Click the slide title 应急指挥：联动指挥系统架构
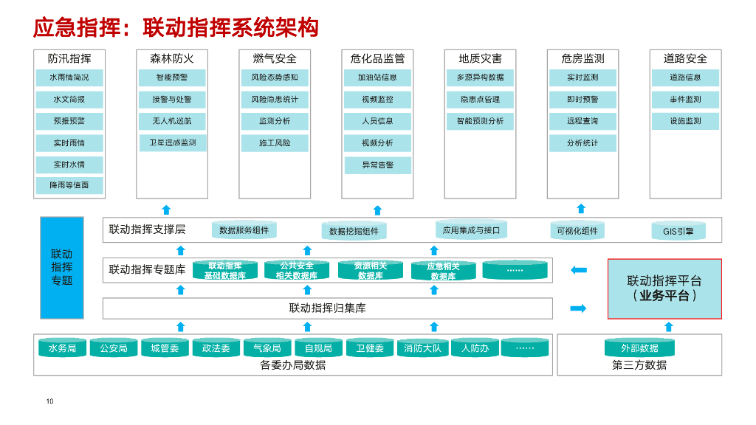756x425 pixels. point(176,27)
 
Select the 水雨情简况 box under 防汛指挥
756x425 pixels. point(69,77)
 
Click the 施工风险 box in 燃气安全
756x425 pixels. point(275,143)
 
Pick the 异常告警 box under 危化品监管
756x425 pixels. point(377,165)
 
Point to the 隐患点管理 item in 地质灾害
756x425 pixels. point(480,100)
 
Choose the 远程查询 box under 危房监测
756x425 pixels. point(583,121)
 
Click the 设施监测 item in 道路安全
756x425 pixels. point(685,121)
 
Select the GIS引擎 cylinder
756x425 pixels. point(678,231)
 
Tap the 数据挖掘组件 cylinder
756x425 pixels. point(354,231)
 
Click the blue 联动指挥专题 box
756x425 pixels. point(62,267)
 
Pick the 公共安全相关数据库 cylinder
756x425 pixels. point(296,271)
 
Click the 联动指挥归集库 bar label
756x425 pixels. point(327,308)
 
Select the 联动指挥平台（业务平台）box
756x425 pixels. point(664,288)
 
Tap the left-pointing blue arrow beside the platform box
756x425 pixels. point(579,270)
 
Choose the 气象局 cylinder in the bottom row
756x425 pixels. point(267,348)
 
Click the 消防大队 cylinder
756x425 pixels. point(422,348)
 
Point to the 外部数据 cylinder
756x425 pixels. point(639,348)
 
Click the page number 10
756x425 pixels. point(49,401)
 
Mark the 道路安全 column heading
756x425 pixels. point(685,58)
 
